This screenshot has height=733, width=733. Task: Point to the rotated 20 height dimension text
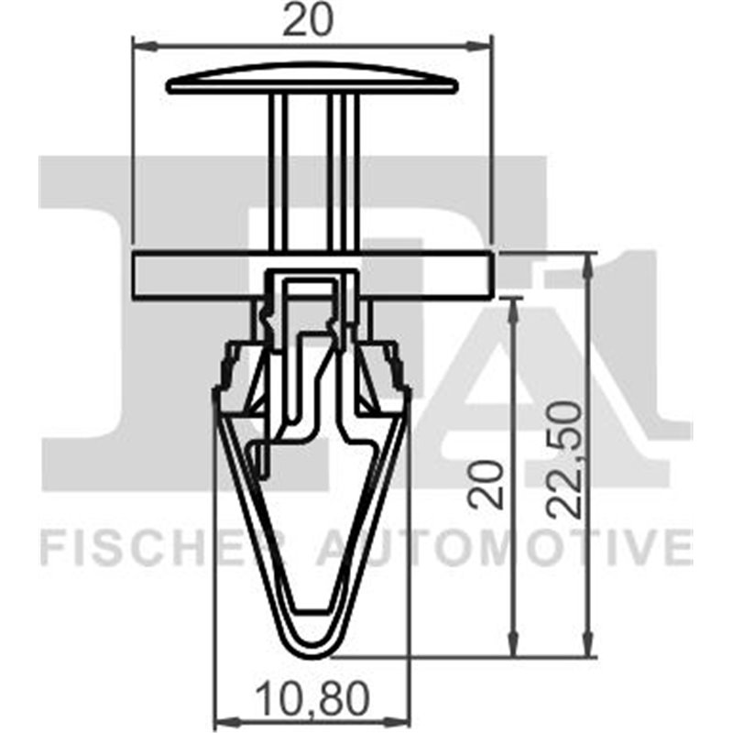(x=488, y=484)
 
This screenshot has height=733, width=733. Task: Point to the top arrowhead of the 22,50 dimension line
(x=590, y=259)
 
